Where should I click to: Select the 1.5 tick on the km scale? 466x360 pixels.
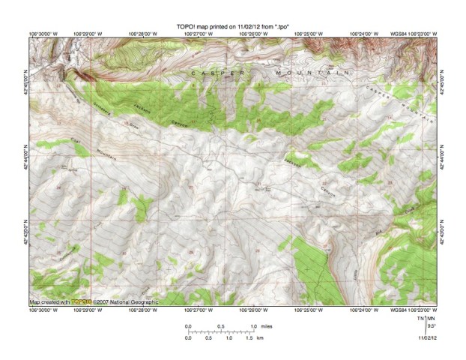[x=249, y=339]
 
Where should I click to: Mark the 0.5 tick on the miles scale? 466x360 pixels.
[x=221, y=326]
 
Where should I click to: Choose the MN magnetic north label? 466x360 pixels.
[x=430, y=319]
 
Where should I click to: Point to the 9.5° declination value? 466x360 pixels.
[x=432, y=327]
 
